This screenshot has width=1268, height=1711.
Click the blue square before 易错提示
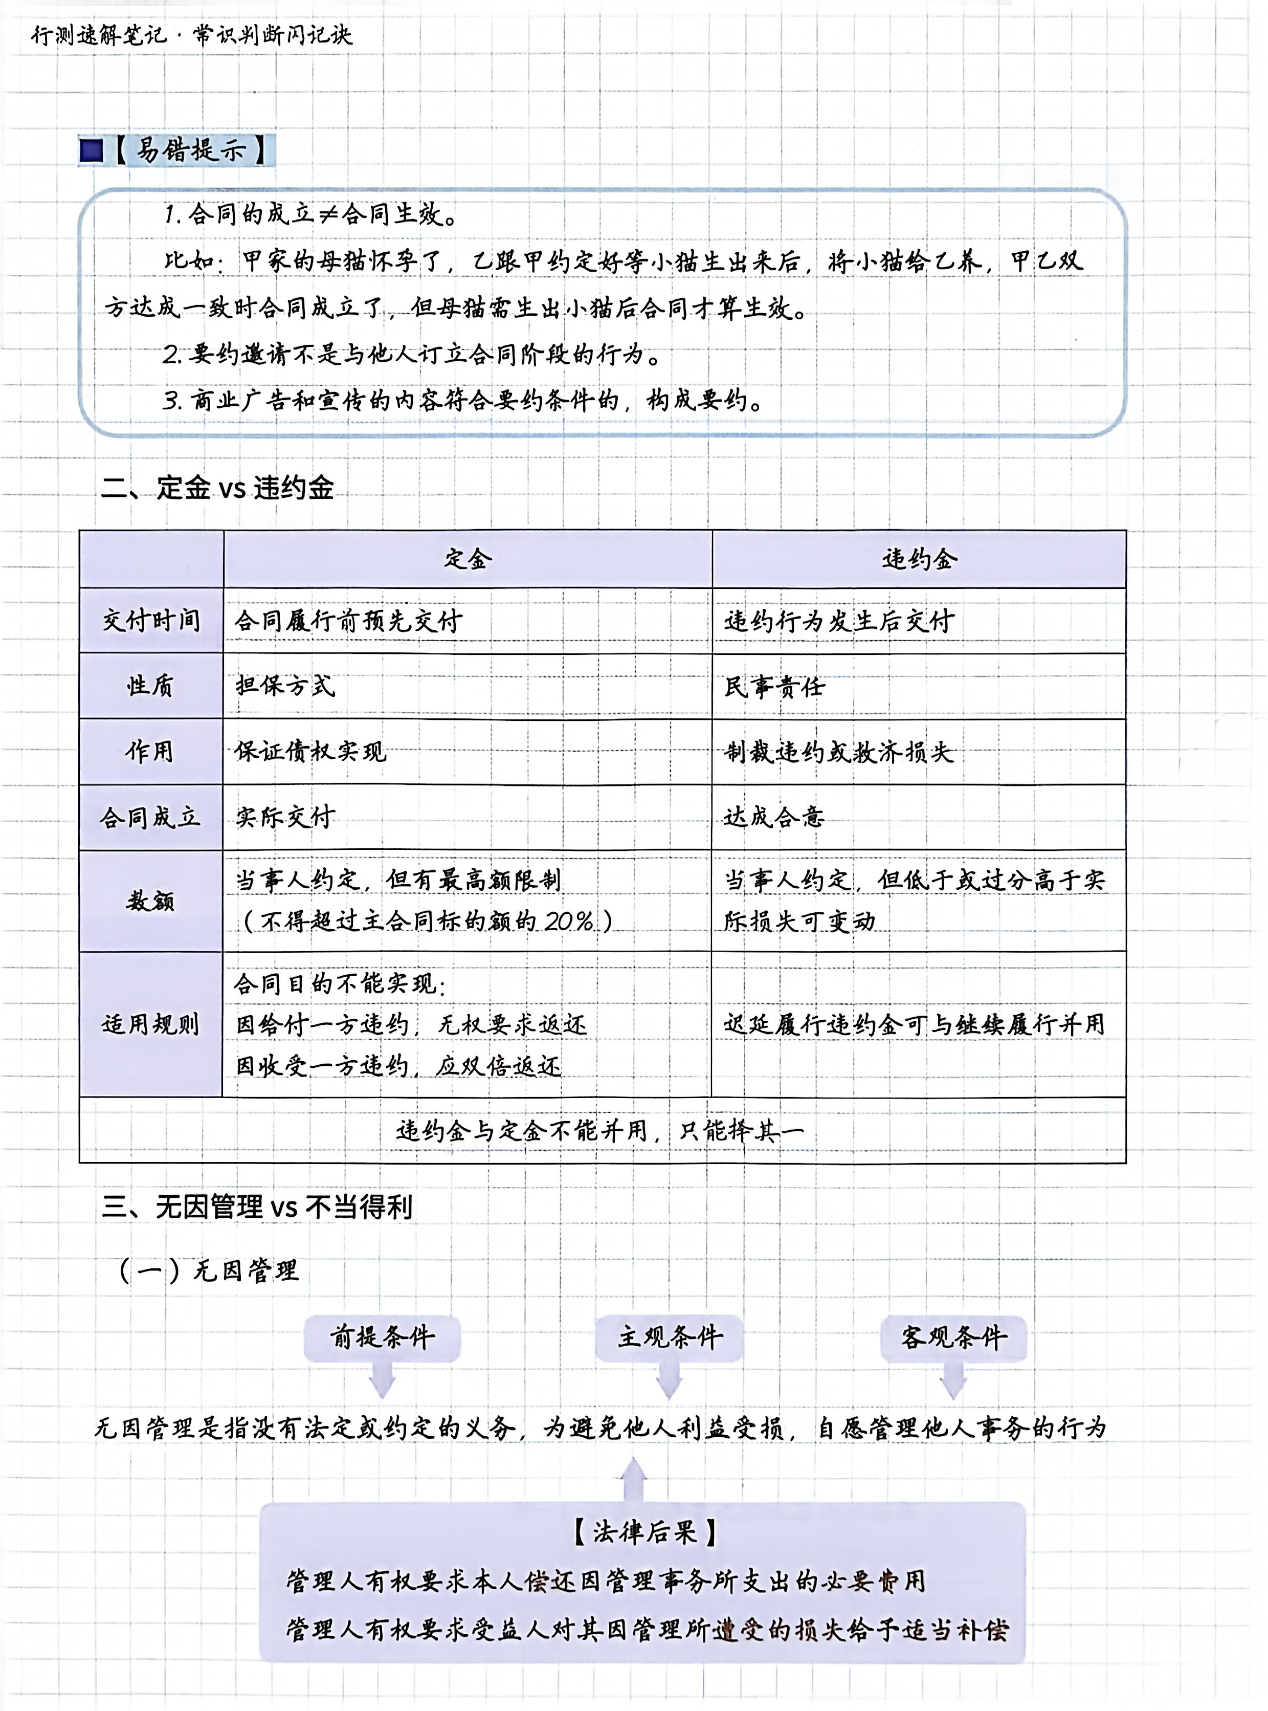click(x=92, y=150)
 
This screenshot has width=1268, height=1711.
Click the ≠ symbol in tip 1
click(x=328, y=214)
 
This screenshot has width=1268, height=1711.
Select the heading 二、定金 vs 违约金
click(x=218, y=488)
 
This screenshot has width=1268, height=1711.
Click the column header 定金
click(x=468, y=559)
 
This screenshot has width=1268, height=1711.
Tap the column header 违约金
click(x=918, y=559)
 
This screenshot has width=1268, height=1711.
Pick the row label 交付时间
click(x=151, y=620)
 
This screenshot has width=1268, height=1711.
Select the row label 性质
click(x=151, y=686)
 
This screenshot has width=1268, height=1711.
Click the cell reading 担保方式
click(x=285, y=686)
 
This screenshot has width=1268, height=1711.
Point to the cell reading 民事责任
click(x=774, y=686)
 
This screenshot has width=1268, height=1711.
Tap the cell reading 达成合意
click(x=774, y=817)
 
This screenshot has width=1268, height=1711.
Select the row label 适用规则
click(x=151, y=1024)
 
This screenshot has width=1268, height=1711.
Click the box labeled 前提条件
click(x=382, y=1336)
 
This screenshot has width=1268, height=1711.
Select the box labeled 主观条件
click(x=670, y=1336)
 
